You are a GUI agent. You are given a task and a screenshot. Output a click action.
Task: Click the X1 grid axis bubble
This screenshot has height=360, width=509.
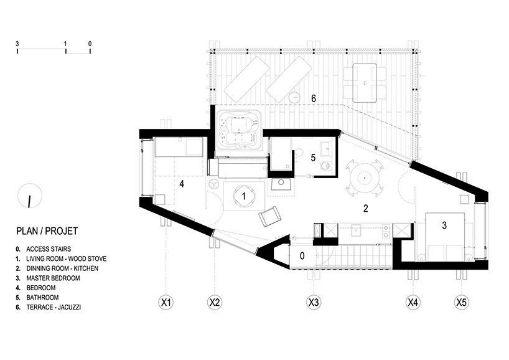166,303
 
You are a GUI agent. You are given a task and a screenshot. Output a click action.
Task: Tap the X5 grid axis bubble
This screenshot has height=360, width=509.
460,303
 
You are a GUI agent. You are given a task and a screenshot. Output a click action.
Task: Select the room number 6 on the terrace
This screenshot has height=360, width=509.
314,98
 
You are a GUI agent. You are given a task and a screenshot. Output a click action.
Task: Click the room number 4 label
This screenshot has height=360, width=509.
182,184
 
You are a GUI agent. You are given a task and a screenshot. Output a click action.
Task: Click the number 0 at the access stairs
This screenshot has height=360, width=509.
302,254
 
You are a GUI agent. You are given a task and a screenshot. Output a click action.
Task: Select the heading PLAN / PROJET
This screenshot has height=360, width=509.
47,232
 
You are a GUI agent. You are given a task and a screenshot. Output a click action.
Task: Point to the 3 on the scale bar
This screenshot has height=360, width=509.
18,44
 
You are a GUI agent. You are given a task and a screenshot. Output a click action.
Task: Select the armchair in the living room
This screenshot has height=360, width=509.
269,216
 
